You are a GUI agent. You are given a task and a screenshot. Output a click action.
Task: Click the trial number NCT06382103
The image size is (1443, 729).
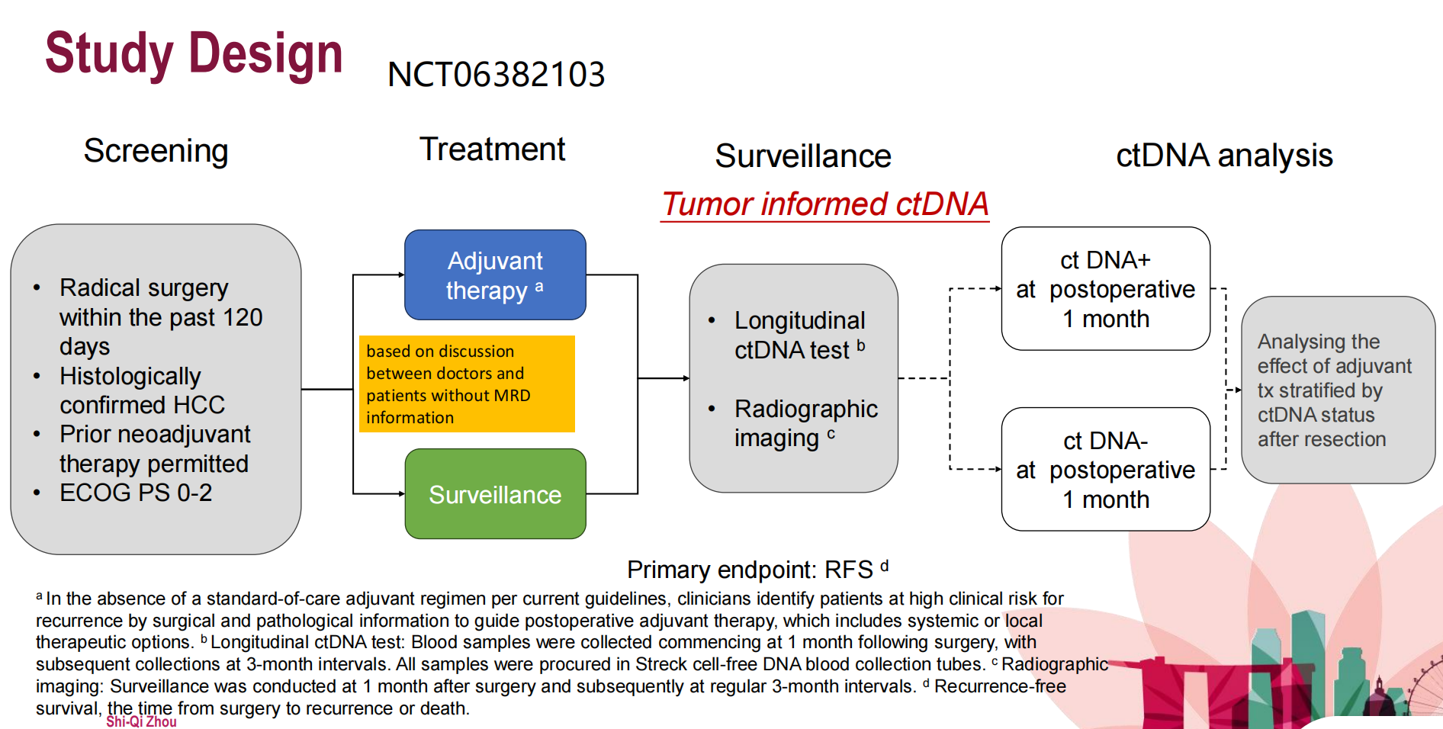(x=496, y=75)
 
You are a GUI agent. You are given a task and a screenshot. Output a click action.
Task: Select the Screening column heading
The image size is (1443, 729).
(x=156, y=151)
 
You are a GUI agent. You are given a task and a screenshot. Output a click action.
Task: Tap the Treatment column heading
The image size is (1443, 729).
(x=492, y=149)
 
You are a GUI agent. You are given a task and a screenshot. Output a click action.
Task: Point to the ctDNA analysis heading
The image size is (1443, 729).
(x=1223, y=156)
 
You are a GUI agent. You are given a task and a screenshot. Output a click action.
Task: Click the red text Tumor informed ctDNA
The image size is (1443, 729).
(x=824, y=204)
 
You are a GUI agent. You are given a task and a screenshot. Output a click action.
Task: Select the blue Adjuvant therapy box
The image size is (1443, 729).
(x=495, y=275)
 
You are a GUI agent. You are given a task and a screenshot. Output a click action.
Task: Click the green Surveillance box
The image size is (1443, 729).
(x=495, y=494)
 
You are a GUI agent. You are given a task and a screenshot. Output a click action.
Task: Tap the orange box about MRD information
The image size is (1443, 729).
(x=467, y=384)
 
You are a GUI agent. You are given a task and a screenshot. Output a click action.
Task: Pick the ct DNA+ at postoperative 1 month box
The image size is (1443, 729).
(x=1105, y=289)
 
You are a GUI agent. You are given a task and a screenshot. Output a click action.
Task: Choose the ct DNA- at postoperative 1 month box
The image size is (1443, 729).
(x=1105, y=470)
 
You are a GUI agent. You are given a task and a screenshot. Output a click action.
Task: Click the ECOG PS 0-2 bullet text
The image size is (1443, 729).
(x=136, y=493)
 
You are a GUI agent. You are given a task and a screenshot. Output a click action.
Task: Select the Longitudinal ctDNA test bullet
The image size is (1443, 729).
(x=799, y=335)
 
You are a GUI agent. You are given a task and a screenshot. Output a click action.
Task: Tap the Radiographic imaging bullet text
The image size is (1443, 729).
(x=805, y=423)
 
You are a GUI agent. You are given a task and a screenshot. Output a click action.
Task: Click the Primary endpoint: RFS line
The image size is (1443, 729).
(x=757, y=570)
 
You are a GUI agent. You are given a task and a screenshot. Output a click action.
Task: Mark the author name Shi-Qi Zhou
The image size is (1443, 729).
(x=141, y=721)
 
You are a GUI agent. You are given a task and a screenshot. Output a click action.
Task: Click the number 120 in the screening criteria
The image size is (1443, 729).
(x=243, y=317)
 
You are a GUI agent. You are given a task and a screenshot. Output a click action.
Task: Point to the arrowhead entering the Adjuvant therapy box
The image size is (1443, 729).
(x=401, y=275)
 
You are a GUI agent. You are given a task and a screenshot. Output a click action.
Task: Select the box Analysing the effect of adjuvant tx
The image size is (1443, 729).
(x=1338, y=390)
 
